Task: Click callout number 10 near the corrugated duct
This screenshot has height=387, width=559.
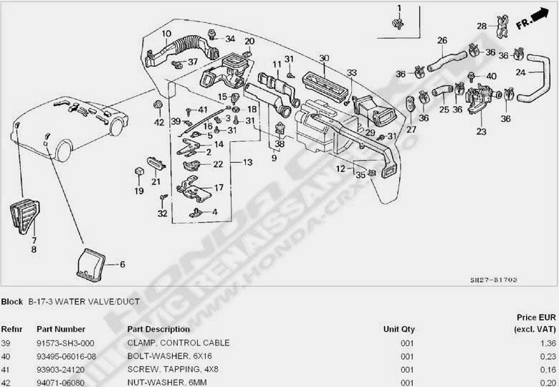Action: pyautogui.click(x=166, y=34)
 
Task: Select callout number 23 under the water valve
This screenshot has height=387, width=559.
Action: pyautogui.click(x=481, y=131)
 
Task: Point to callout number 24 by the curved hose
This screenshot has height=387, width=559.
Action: pyautogui.click(x=540, y=72)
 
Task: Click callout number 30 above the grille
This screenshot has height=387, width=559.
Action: pyautogui.click(x=324, y=58)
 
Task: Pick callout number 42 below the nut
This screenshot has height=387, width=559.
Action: pyautogui.click(x=159, y=123)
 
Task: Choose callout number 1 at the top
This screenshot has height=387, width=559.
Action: pyautogui.click(x=399, y=8)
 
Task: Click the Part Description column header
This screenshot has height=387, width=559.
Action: pyautogui.click(x=158, y=330)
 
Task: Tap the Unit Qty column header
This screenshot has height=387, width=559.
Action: pyautogui.click(x=399, y=330)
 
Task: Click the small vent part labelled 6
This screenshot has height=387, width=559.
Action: pyautogui.click(x=92, y=264)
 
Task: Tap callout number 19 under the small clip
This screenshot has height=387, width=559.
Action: pyautogui.click(x=139, y=191)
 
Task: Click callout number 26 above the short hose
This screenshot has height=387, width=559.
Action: pyautogui.click(x=442, y=40)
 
